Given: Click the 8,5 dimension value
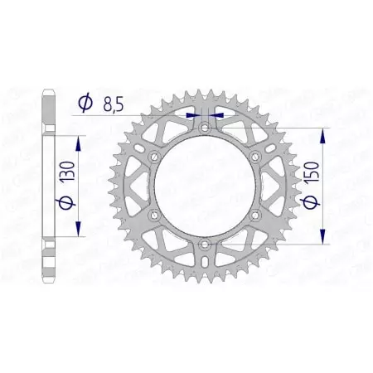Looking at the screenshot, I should point(116,105).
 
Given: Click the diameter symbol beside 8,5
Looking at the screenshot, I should point(85,104).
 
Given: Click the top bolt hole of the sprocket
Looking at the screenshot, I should point(205,127).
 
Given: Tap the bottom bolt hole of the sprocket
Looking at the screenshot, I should point(205,246).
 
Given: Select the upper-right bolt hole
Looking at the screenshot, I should point(256,157).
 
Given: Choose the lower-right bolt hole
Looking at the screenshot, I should point(256,216).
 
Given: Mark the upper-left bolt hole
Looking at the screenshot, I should point(153,157).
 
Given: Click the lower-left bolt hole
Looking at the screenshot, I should point(153,216).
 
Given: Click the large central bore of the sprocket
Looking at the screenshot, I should point(205,186).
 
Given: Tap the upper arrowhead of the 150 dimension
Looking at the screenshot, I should point(322,133).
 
